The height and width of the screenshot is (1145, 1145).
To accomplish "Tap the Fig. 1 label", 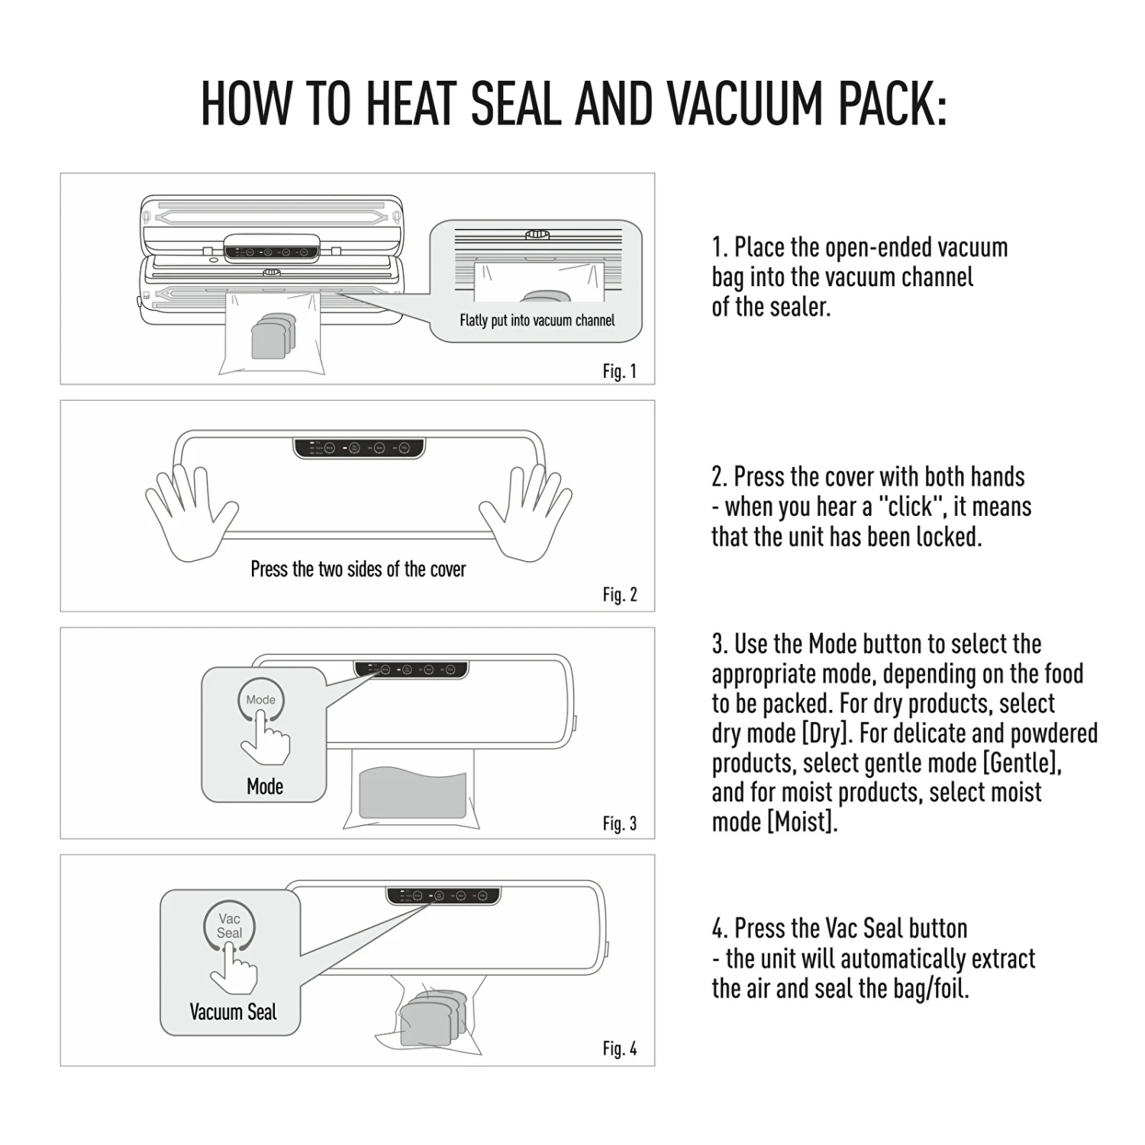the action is tap(619, 372).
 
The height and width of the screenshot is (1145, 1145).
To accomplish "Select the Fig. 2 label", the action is tap(619, 595).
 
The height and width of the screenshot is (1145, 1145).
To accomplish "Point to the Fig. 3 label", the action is tap(619, 824).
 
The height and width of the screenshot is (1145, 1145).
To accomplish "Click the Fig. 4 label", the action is tap(619, 1049).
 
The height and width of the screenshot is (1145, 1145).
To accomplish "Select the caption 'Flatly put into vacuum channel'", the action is tap(537, 321).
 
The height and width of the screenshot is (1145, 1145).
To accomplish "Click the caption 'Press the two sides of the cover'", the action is tap(358, 569).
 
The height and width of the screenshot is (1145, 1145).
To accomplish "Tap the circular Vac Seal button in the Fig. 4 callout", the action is tap(229, 926).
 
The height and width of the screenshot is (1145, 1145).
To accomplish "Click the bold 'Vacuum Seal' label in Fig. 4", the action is tap(233, 1012).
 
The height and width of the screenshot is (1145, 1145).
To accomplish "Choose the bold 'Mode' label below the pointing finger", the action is tap(265, 786).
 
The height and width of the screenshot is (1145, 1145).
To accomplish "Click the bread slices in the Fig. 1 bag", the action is tap(273, 336).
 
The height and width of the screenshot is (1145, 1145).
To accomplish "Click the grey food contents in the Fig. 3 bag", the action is tap(412, 794).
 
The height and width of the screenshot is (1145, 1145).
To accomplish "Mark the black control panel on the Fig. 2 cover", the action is tap(359, 448).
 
